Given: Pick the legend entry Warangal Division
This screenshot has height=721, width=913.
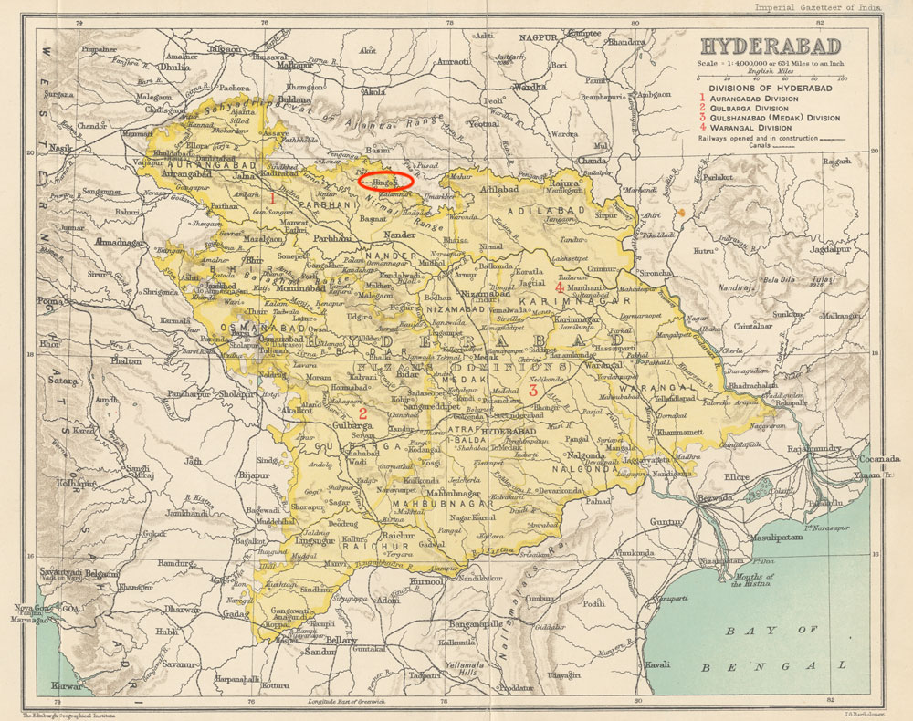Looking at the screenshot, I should (752, 128).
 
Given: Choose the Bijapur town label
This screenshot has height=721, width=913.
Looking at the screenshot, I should (254, 475).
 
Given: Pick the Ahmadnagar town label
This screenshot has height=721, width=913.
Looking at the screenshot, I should (116, 245).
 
